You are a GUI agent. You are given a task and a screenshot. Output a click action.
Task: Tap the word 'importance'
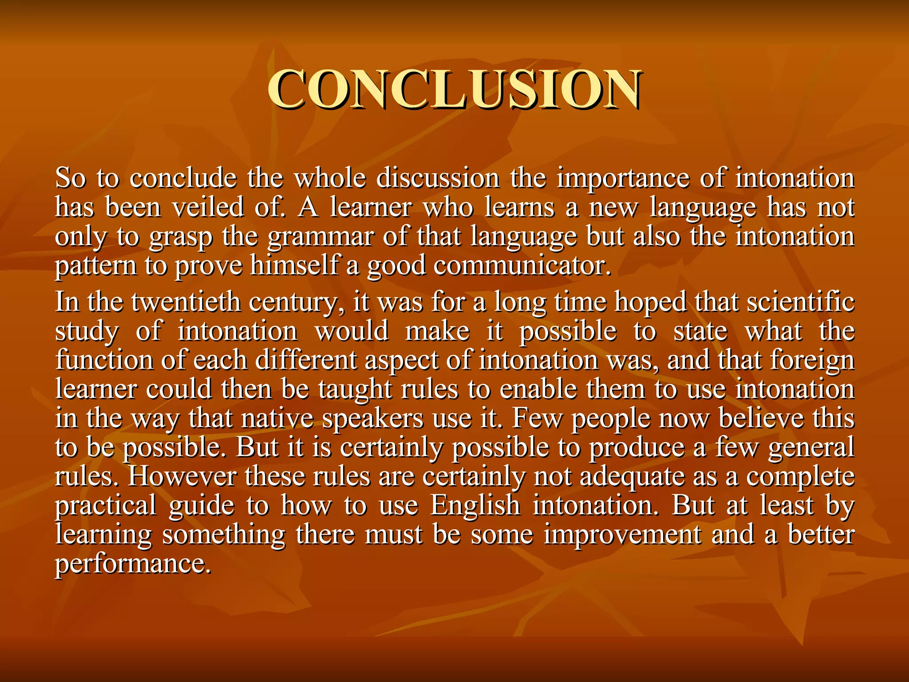coord(623,179)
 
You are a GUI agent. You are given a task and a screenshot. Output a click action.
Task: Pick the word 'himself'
coord(294,266)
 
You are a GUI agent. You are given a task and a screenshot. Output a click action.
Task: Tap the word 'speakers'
coord(373,419)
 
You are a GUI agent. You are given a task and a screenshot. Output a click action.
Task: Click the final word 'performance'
coord(131,564)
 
